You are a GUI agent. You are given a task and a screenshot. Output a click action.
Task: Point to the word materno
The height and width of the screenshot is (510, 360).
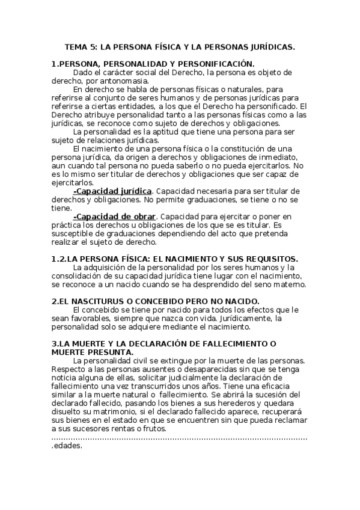[x=290, y=284]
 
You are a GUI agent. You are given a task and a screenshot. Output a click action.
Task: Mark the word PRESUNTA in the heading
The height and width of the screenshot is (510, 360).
[x=107, y=352]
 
